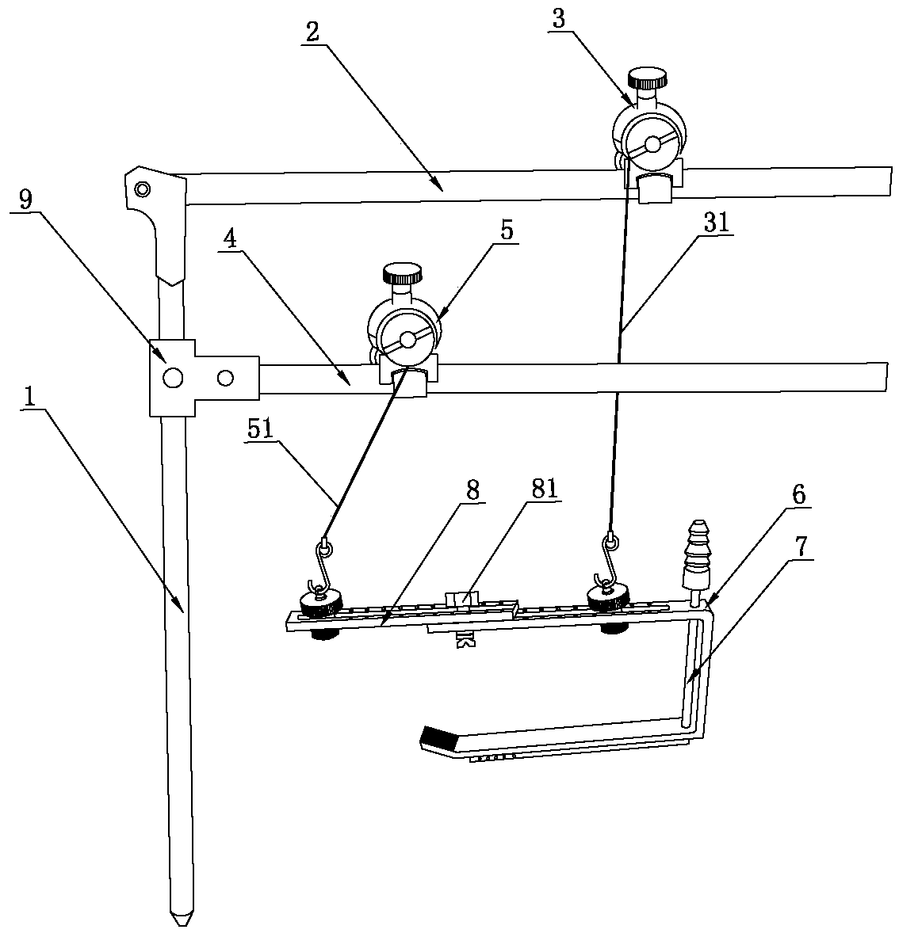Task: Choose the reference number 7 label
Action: (x=795, y=545)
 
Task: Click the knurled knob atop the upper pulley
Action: (x=648, y=79)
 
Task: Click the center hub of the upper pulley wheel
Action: (x=652, y=144)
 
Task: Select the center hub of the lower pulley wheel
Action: (x=407, y=340)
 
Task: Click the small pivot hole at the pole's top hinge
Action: (x=142, y=189)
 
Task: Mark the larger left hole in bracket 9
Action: (x=172, y=377)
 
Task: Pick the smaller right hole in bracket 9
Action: (x=225, y=378)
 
